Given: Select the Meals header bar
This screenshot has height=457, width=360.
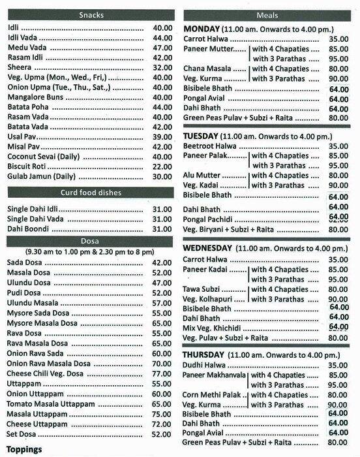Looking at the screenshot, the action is click(268, 15).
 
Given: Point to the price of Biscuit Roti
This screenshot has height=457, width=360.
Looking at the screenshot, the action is click(162, 166).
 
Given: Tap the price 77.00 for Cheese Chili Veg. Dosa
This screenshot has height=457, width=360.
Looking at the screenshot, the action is click(162, 373).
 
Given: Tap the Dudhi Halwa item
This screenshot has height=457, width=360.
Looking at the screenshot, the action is click(204, 366).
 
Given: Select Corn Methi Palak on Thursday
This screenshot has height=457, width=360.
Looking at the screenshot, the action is click(213, 395).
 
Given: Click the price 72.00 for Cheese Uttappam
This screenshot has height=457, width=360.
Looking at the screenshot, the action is click(162, 424).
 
